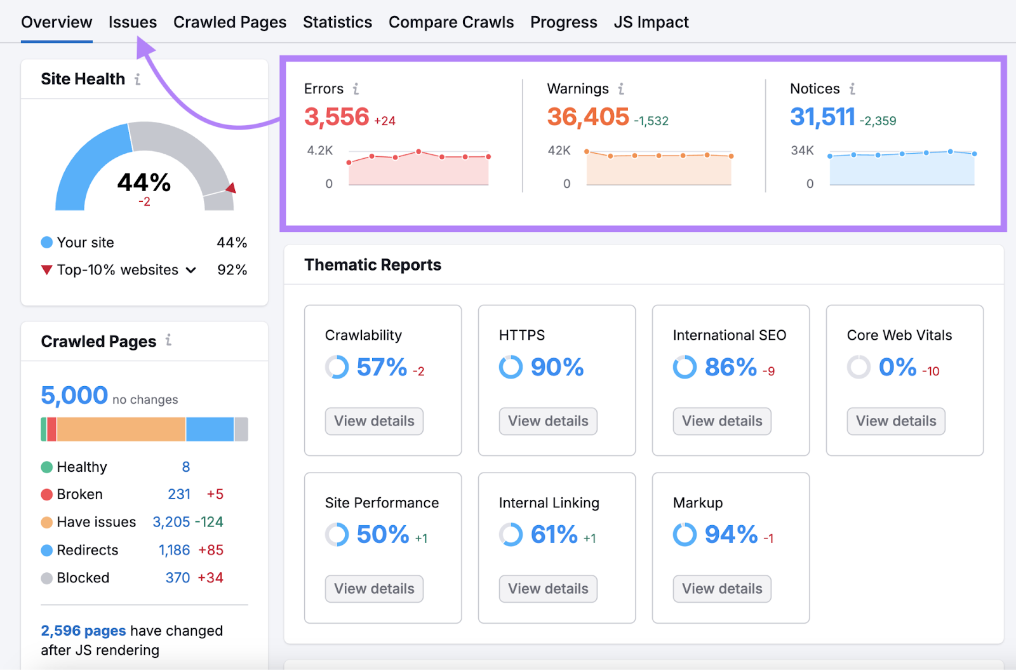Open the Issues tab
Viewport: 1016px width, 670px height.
[132, 22]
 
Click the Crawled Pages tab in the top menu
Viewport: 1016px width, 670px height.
[229, 22]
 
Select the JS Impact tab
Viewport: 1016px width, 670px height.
[651, 22]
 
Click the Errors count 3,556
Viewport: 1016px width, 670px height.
[337, 117]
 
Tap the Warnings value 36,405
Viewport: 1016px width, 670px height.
[588, 117]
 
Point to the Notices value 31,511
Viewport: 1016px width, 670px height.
[822, 117]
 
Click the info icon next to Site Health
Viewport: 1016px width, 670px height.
[137, 79]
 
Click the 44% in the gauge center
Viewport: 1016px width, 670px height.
[144, 183]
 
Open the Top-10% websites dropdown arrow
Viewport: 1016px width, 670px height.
[190, 271]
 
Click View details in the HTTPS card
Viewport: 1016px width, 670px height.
[548, 421]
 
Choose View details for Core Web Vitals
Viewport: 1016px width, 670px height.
[895, 421]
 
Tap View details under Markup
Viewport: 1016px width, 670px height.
[722, 589]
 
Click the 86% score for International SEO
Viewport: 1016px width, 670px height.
[731, 367]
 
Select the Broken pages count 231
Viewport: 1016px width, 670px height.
[179, 494]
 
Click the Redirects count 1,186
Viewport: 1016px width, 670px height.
[174, 550]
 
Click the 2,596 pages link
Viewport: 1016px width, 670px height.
[83, 631]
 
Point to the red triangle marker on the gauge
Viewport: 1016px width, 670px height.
[231, 188]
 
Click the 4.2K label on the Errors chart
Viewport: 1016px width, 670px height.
[320, 151]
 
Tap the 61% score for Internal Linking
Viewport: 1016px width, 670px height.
[554, 535]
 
